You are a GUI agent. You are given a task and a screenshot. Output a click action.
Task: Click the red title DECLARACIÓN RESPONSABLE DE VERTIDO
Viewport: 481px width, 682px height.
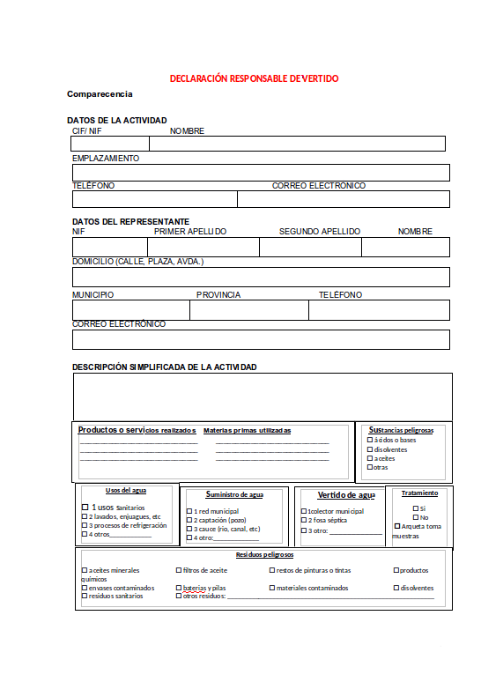(254, 78)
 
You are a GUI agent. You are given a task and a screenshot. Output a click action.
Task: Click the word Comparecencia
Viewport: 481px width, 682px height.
(100, 93)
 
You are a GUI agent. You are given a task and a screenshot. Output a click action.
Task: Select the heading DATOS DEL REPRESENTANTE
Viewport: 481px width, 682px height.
(130, 221)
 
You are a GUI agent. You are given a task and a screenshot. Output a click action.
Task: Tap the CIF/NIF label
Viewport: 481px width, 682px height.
(87, 131)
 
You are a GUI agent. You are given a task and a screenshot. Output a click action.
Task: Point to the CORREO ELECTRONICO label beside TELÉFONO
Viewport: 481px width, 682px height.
(318, 186)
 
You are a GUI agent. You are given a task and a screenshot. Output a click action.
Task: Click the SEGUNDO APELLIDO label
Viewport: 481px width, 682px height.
(319, 232)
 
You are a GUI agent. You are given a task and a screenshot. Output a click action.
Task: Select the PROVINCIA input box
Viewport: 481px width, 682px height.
(249, 310)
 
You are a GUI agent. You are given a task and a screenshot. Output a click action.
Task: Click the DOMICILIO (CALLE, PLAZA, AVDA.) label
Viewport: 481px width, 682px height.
(137, 262)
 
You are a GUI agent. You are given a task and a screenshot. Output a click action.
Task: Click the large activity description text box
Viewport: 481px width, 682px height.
(263, 396)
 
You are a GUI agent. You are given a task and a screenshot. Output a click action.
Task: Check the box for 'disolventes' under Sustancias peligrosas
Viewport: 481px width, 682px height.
(369, 449)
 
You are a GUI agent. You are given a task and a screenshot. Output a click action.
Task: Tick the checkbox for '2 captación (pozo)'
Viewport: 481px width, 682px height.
(189, 520)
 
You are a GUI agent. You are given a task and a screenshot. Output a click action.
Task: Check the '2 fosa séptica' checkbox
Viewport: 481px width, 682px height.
(304, 521)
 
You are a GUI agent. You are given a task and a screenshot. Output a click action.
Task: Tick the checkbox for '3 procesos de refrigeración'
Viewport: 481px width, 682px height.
(85, 525)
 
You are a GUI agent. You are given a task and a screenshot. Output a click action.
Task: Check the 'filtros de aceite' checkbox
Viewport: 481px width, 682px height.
(179, 570)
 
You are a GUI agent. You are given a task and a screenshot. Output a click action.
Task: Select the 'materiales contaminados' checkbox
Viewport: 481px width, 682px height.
(271, 588)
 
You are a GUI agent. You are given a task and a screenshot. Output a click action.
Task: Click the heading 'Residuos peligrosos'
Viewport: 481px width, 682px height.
(264, 555)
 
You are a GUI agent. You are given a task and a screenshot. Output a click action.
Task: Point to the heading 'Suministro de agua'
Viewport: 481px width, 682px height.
(234, 495)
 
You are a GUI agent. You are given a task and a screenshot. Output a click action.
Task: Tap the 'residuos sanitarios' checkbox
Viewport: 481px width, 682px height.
(85, 597)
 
